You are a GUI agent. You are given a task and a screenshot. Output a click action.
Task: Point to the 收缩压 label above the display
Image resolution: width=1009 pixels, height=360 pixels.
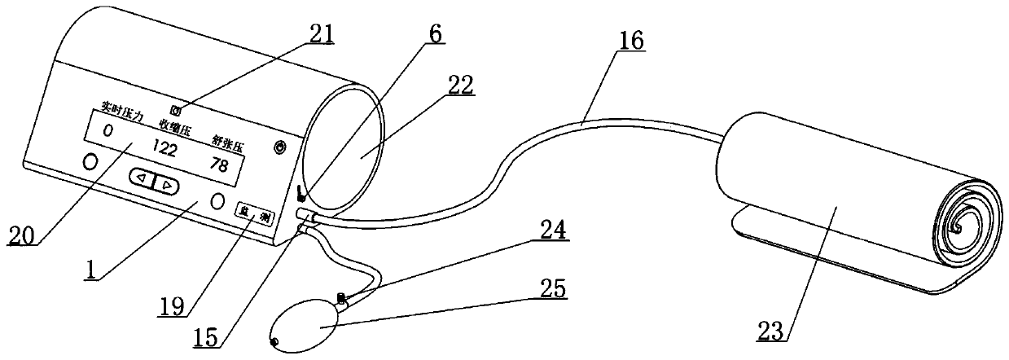[x=174, y=128]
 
